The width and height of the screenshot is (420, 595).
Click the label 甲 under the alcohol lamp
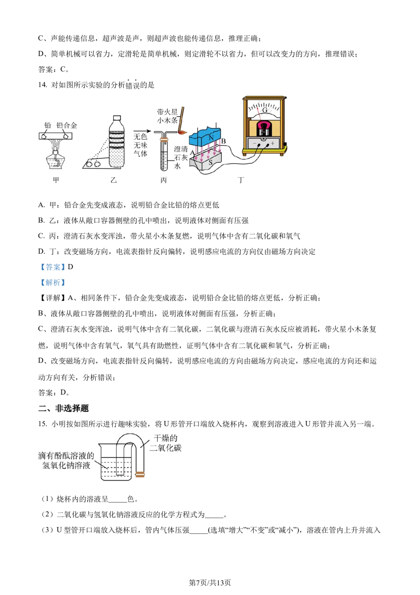[x=56, y=180]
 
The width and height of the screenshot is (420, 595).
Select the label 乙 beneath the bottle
[x=113, y=180]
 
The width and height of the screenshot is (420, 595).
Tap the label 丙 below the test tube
[x=164, y=180]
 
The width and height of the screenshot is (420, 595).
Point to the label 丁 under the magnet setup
[x=241, y=180]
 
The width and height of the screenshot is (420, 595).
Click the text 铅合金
[x=67, y=125]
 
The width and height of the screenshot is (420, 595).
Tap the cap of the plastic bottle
[x=117, y=118]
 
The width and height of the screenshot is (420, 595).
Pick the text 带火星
[x=167, y=112]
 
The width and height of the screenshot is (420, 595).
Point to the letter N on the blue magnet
[x=211, y=138]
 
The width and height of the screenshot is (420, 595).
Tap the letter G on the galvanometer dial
[x=265, y=110]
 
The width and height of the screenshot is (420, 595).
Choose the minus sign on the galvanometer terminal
[x=254, y=143]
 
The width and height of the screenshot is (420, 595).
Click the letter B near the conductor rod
[x=223, y=141]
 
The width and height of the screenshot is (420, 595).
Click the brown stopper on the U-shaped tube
[x=140, y=475]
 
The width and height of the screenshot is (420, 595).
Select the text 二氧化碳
[x=165, y=448]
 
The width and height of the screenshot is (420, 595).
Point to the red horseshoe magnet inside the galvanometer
[x=265, y=126]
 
